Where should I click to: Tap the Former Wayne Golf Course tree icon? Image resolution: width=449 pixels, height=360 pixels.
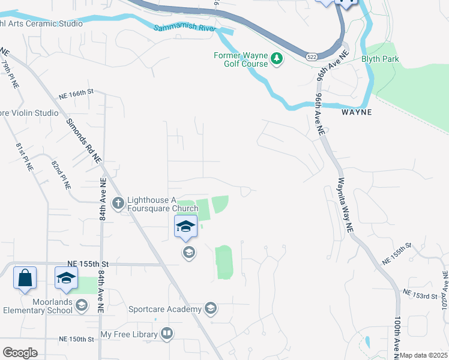pyautogui.click(x=277, y=59)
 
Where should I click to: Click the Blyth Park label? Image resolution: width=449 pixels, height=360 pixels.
pyautogui.click(x=380, y=59)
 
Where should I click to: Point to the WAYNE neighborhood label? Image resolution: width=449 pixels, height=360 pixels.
pyautogui.click(x=357, y=112)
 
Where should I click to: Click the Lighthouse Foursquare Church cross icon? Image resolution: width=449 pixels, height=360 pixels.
pyautogui.click(x=118, y=203)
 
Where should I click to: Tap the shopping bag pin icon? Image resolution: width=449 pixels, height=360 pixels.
pyautogui.click(x=25, y=278)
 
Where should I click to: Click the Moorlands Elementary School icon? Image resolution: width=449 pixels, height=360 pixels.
pyautogui.click(x=82, y=306)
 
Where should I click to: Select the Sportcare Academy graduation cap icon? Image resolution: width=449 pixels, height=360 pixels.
pyautogui.click(x=210, y=309)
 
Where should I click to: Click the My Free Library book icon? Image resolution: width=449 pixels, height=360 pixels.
pyautogui.click(x=167, y=334)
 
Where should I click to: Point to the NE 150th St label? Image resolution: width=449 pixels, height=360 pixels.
pyautogui.click(x=77, y=340)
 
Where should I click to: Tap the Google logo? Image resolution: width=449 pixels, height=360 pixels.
pyautogui.click(x=20, y=353)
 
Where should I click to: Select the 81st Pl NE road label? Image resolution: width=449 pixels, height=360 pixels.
pyautogui.click(x=24, y=157)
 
